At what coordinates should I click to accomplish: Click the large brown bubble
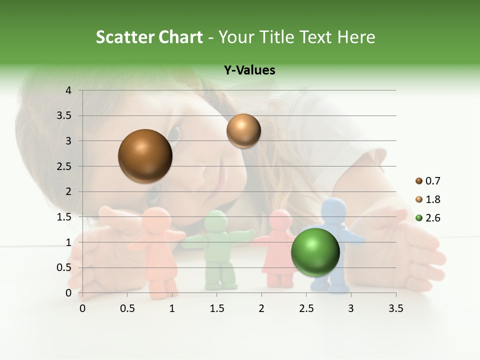[145, 156]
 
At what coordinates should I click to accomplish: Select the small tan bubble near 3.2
[243, 130]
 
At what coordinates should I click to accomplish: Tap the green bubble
[315, 251]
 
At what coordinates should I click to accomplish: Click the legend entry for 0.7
[428, 180]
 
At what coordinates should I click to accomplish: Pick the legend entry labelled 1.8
[428, 199]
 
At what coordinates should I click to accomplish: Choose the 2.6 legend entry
[428, 217]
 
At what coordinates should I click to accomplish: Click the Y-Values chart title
[249, 70]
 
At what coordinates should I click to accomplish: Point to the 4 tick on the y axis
[69, 90]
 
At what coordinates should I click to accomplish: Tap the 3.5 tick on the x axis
[396, 308]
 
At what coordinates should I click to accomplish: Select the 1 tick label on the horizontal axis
[172, 308]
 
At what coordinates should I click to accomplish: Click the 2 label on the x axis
[261, 308]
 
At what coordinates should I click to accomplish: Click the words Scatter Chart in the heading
[149, 37]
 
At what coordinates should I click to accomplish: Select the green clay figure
[218, 252]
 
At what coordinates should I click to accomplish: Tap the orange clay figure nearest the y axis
[157, 250]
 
